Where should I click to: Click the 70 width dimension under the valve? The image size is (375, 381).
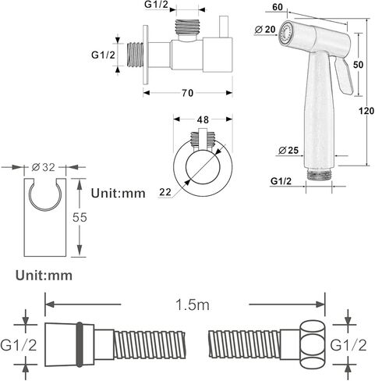(x=187, y=93)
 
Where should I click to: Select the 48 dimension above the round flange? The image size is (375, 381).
(x=203, y=119)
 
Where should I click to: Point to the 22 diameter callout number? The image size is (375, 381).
(x=165, y=192)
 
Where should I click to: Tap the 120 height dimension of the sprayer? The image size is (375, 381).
(x=366, y=111)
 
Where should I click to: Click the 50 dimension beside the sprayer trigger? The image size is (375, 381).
(x=358, y=65)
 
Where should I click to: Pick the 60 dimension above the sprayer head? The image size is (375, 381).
(x=278, y=7)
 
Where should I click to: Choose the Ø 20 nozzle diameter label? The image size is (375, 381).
(x=264, y=30)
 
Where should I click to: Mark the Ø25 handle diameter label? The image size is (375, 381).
(x=288, y=150)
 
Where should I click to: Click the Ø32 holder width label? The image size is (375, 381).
(x=44, y=167)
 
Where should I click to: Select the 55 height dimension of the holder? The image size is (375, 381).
(x=80, y=217)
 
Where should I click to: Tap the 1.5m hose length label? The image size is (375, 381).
(x=193, y=304)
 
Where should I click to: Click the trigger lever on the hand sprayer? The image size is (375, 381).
(x=343, y=75)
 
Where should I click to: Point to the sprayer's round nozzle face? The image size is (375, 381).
(x=285, y=34)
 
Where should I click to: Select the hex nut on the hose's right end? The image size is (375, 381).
(x=312, y=345)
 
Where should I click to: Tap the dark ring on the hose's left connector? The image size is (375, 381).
(x=80, y=344)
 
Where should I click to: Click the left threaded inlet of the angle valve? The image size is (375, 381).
(x=135, y=55)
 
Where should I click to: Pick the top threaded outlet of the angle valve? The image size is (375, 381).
(x=187, y=27)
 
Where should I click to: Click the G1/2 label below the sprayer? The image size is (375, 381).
(x=281, y=181)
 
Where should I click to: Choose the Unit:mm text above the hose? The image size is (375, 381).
(x=44, y=276)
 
